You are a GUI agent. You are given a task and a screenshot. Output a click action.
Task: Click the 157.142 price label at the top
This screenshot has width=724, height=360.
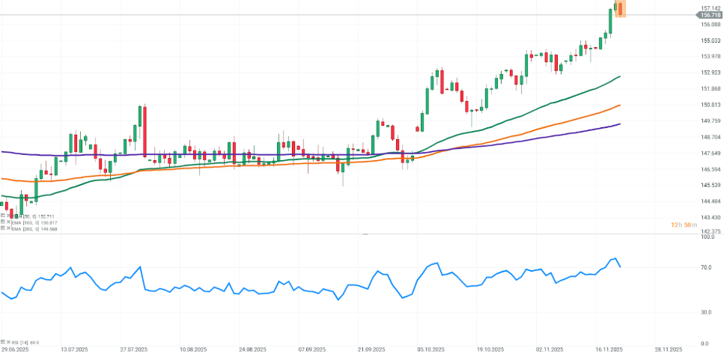(711, 8)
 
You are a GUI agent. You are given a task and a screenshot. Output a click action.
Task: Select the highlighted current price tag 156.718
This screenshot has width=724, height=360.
(711, 15)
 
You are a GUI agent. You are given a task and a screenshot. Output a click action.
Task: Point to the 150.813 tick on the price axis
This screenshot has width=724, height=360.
(711, 105)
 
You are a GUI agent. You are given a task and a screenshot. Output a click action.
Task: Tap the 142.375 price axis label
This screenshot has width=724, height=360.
(711, 232)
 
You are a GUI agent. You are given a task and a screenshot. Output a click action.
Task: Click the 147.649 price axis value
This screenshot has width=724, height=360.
(711, 153)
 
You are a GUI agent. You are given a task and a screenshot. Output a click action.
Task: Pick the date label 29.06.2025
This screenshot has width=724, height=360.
(16, 350)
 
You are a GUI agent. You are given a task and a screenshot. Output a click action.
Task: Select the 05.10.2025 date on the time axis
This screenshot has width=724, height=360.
(431, 350)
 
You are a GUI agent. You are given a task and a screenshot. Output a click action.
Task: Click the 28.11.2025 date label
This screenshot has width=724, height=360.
(667, 350)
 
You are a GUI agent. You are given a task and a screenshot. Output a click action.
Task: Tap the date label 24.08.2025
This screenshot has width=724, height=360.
(252, 350)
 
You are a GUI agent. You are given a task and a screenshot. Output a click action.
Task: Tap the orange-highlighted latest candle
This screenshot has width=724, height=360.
(618, 9)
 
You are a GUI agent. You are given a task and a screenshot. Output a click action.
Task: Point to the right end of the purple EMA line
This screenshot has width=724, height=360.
(620, 123)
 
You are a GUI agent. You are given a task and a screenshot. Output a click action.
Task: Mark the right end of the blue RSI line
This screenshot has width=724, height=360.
(620, 266)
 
